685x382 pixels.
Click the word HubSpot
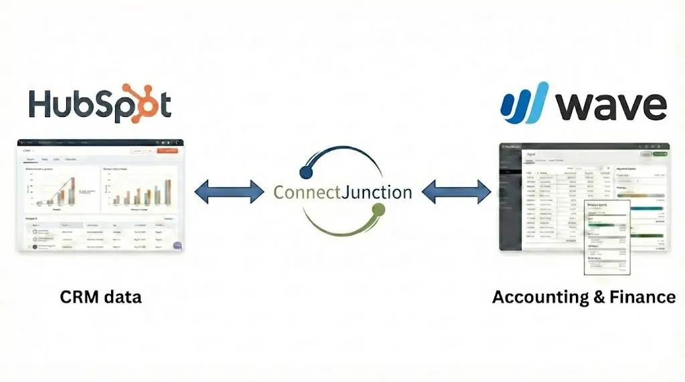(x=99, y=105)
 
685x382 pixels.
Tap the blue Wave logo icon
(x=525, y=104)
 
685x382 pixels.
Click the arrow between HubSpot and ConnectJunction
(x=229, y=192)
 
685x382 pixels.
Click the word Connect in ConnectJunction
(x=306, y=192)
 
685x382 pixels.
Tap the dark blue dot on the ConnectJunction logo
(x=305, y=173)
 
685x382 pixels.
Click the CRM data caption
(x=101, y=297)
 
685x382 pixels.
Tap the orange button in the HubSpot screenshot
(x=169, y=151)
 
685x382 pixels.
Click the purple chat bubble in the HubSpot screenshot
(x=177, y=245)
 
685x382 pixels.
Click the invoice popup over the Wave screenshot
(x=607, y=237)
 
